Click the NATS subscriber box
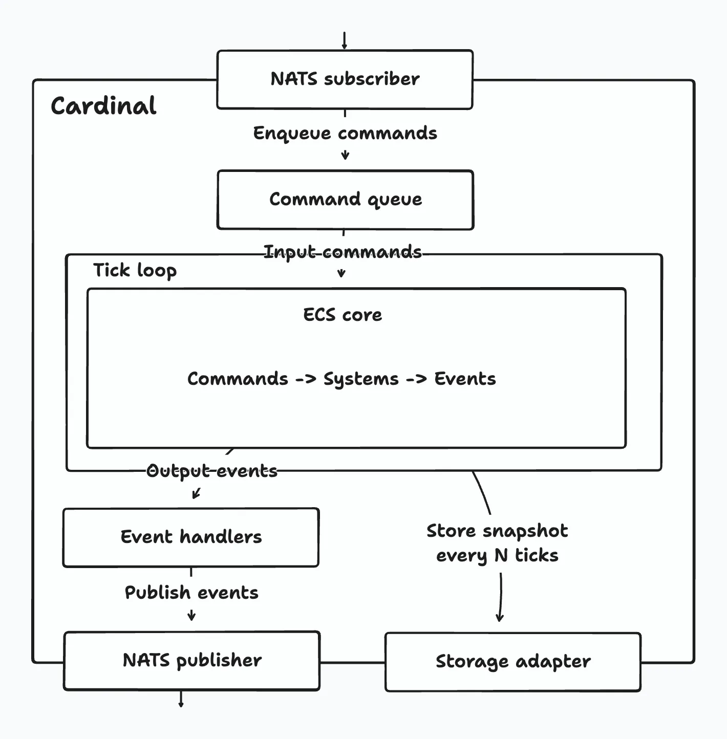point(345,79)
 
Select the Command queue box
point(345,200)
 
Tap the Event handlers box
point(190,537)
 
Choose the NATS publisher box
point(192,661)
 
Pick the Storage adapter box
point(512,662)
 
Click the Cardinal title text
point(103,106)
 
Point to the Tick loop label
point(135,270)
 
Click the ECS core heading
point(343,315)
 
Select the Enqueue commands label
point(345,133)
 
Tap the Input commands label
point(343,252)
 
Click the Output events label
point(212,471)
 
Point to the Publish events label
point(191,593)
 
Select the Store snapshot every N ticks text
point(497,543)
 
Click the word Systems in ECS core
point(361,379)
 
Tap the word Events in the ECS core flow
point(465,379)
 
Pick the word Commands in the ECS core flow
point(238,379)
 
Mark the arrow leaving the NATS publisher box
point(181,700)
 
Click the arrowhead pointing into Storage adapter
point(500,617)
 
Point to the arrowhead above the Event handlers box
point(196,494)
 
